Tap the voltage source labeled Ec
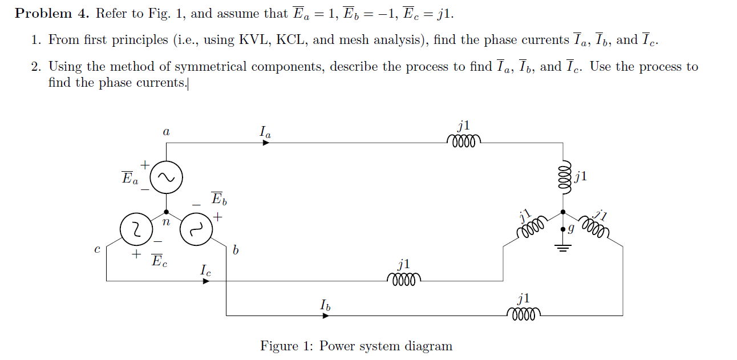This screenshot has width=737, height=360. (136, 229)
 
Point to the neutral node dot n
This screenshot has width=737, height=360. (166, 212)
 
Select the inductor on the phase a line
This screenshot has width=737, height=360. (465, 140)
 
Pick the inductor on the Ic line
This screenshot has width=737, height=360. (403, 278)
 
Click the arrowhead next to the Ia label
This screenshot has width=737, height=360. (266, 143)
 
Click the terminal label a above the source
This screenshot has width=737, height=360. (166, 132)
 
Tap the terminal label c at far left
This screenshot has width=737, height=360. (98, 249)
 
